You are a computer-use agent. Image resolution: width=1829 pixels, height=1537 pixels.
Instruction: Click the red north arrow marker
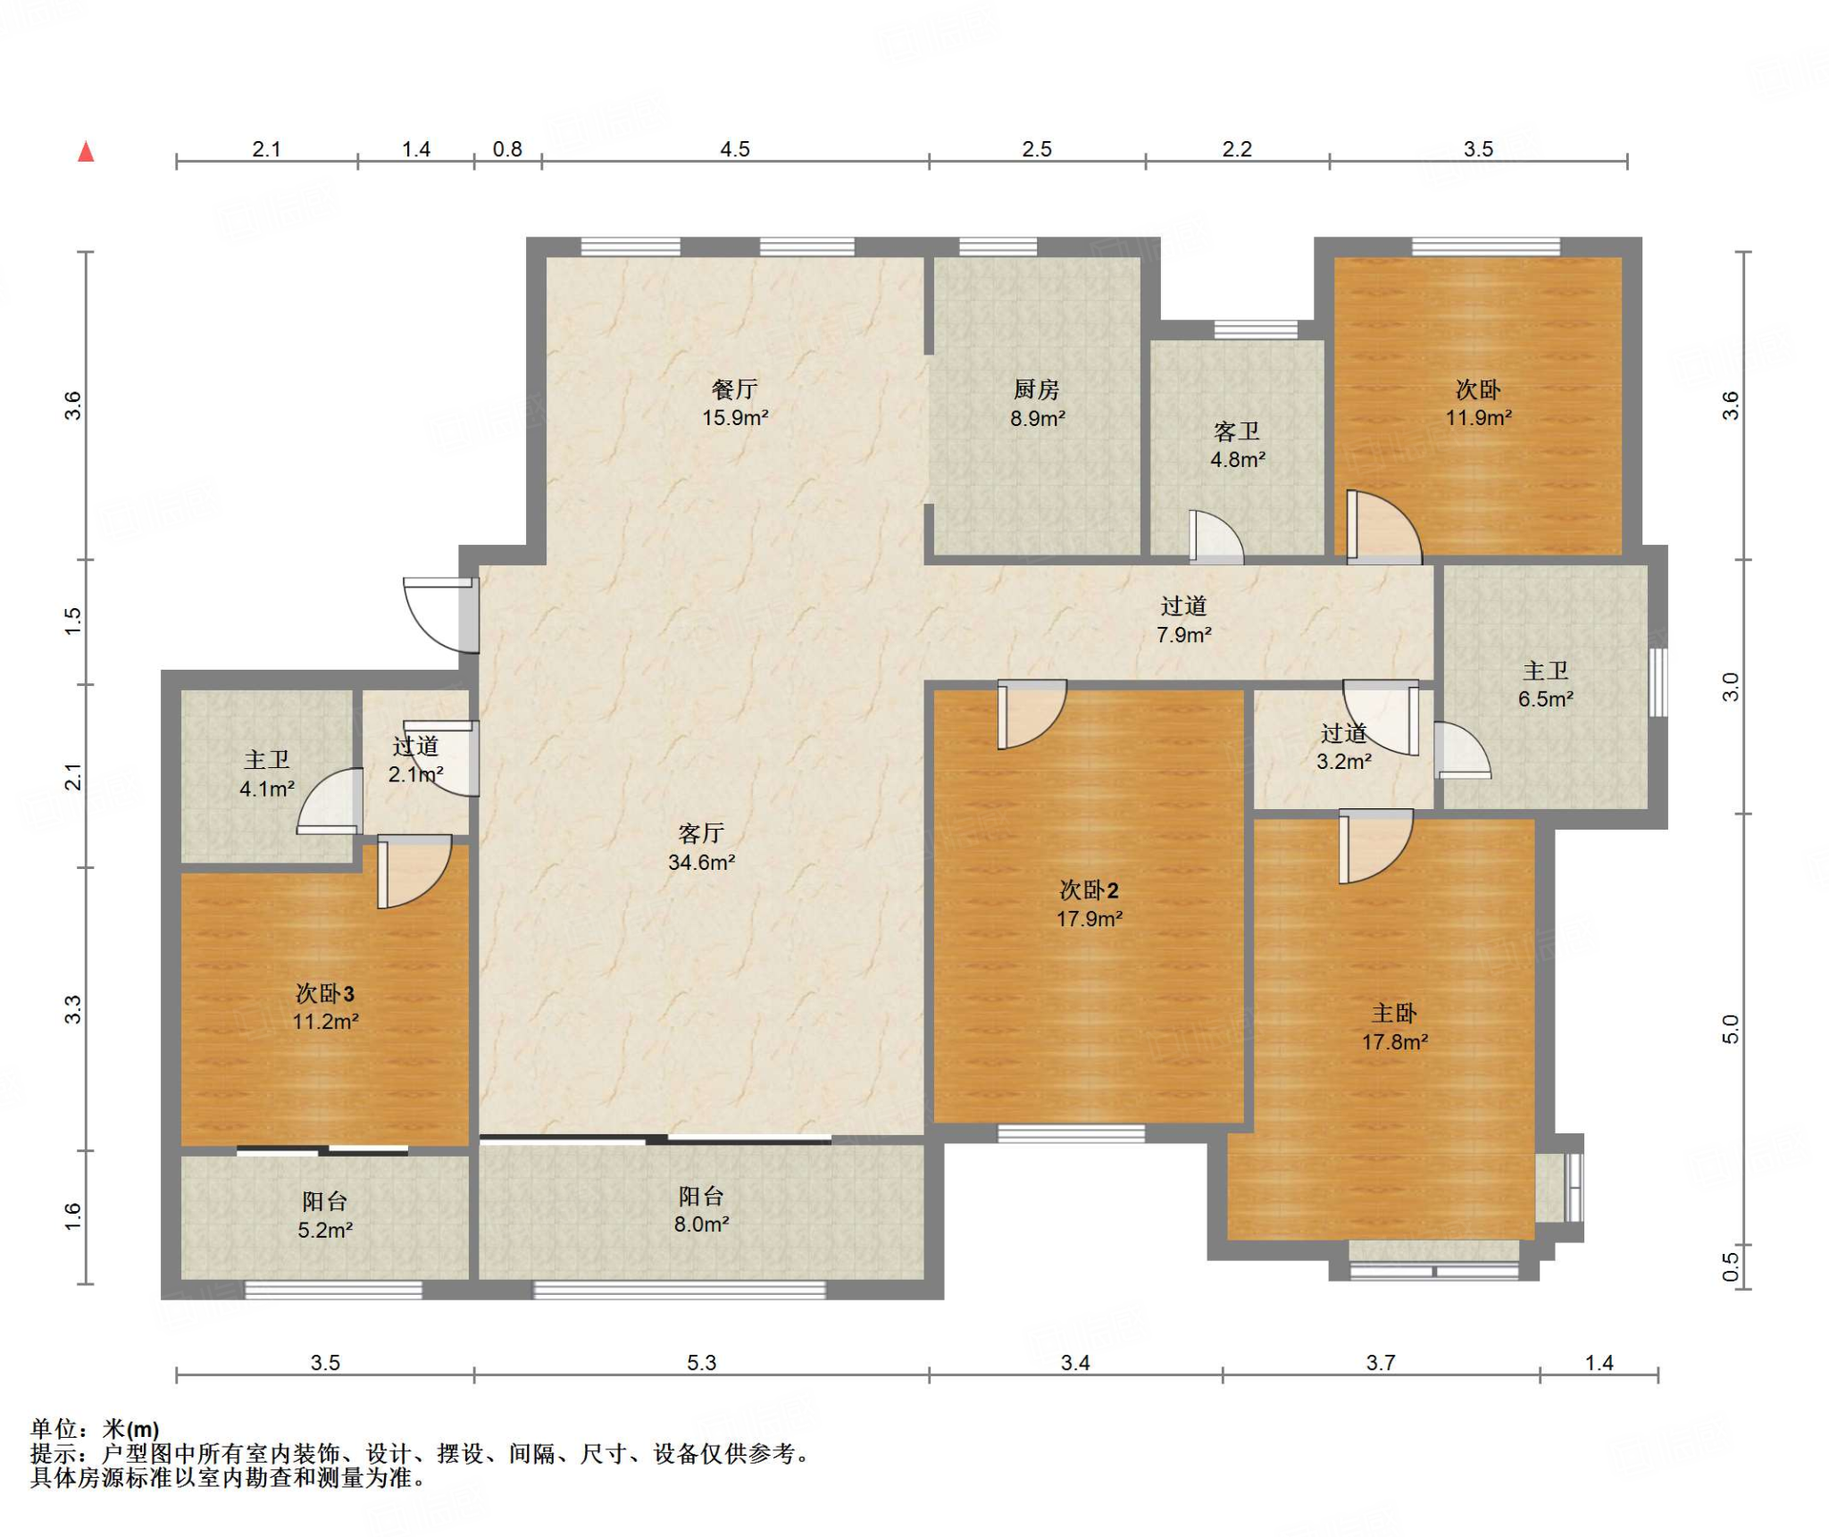(x=86, y=152)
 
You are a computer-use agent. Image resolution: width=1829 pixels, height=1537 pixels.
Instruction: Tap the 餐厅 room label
(x=734, y=389)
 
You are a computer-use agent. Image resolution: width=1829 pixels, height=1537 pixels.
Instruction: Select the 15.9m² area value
(x=735, y=418)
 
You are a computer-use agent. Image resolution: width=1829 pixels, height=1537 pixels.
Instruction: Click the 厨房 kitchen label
(x=1036, y=389)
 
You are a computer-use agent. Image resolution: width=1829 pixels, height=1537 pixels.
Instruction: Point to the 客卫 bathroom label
(x=1237, y=432)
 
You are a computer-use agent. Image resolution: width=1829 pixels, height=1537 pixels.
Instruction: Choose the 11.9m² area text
(x=1479, y=418)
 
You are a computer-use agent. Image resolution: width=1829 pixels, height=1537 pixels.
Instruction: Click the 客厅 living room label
(x=701, y=833)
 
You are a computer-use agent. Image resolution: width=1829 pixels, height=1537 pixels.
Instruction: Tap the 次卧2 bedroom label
(x=1089, y=890)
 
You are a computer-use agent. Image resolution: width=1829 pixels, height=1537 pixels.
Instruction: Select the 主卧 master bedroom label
(x=1394, y=1013)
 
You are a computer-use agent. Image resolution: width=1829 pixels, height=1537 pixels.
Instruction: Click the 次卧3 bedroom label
(x=325, y=993)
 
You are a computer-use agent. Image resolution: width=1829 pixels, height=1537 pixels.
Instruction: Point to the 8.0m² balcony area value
(x=701, y=1224)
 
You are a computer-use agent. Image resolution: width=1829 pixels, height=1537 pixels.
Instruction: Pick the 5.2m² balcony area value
(x=325, y=1230)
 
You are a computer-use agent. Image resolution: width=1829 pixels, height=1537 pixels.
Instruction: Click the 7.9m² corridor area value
(x=1184, y=635)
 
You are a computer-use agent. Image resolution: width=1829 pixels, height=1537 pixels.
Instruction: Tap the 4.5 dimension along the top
(x=735, y=149)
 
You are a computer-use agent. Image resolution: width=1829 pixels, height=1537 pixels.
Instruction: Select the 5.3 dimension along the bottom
(x=702, y=1362)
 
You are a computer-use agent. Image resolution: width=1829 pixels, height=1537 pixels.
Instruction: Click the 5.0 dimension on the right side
(x=1731, y=1029)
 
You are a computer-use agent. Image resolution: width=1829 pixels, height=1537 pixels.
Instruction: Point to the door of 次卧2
(x=1031, y=714)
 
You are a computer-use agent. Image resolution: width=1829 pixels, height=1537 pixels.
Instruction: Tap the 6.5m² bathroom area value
(x=1546, y=699)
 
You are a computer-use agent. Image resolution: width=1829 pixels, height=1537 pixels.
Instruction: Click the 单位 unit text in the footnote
(x=53, y=1430)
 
